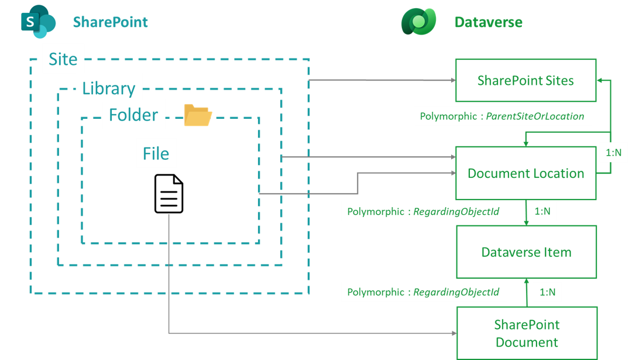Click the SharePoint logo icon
pos(37,22)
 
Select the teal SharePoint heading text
pos(110,22)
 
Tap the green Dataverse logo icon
pos(419,22)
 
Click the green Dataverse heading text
pos(488,22)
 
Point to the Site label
pos(63,59)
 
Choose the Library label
pos(109,88)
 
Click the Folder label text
pos(133,115)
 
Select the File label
pos(156,153)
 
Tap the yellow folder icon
pos(198,115)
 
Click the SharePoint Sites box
pos(525,81)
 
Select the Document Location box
pos(525,173)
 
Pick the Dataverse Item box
pos(526,252)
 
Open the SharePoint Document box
pos(527,333)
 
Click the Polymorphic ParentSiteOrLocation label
pos(502,116)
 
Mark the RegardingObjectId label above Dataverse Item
pos(423,211)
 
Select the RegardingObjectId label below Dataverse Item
pos(423,292)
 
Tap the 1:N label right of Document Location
pos(613,152)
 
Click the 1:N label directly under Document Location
pos(542,211)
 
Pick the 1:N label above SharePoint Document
pos(547,292)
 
